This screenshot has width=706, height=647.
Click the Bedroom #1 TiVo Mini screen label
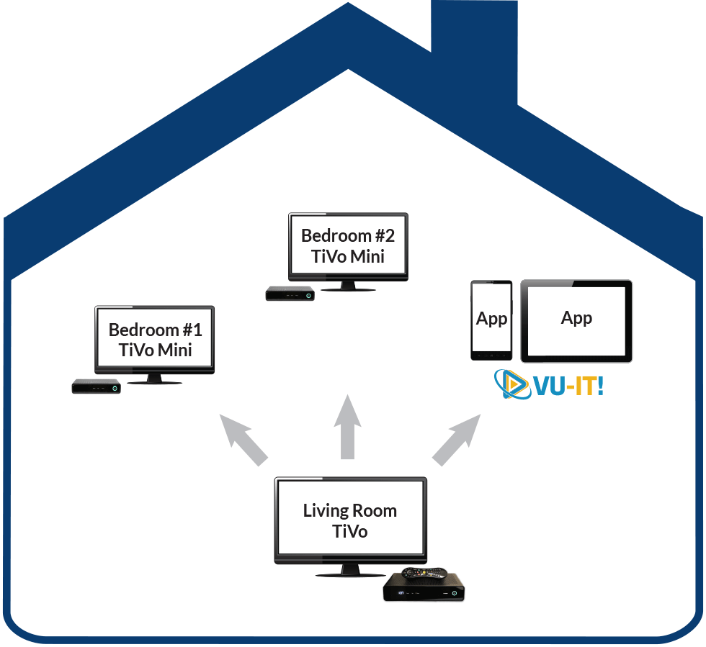click(156, 340)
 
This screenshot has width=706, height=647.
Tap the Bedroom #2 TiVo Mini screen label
click(348, 245)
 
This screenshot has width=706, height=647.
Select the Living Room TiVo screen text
click(350, 520)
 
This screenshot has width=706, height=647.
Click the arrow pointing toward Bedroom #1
click(243, 440)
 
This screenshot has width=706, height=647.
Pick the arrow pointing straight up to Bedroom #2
click(347, 427)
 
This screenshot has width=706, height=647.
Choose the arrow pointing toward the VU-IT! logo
click(456, 440)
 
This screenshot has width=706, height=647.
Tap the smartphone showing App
click(491, 320)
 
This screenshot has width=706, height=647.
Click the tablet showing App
click(576, 321)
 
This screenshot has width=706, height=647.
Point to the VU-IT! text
click(568, 386)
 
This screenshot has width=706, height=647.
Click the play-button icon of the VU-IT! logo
click(513, 384)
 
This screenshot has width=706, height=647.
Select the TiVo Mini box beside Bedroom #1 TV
click(97, 386)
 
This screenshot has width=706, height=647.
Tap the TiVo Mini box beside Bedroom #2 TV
click(290, 294)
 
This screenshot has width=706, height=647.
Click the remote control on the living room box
click(424, 573)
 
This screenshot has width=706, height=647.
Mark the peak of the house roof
click(348, 3)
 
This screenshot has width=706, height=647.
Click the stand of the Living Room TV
click(350, 571)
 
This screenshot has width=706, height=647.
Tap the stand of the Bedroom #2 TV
click(348, 286)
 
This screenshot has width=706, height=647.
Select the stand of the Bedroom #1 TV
click(154, 379)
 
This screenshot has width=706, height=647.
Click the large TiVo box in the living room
click(424, 587)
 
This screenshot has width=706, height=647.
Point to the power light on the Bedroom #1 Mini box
click(115, 389)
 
